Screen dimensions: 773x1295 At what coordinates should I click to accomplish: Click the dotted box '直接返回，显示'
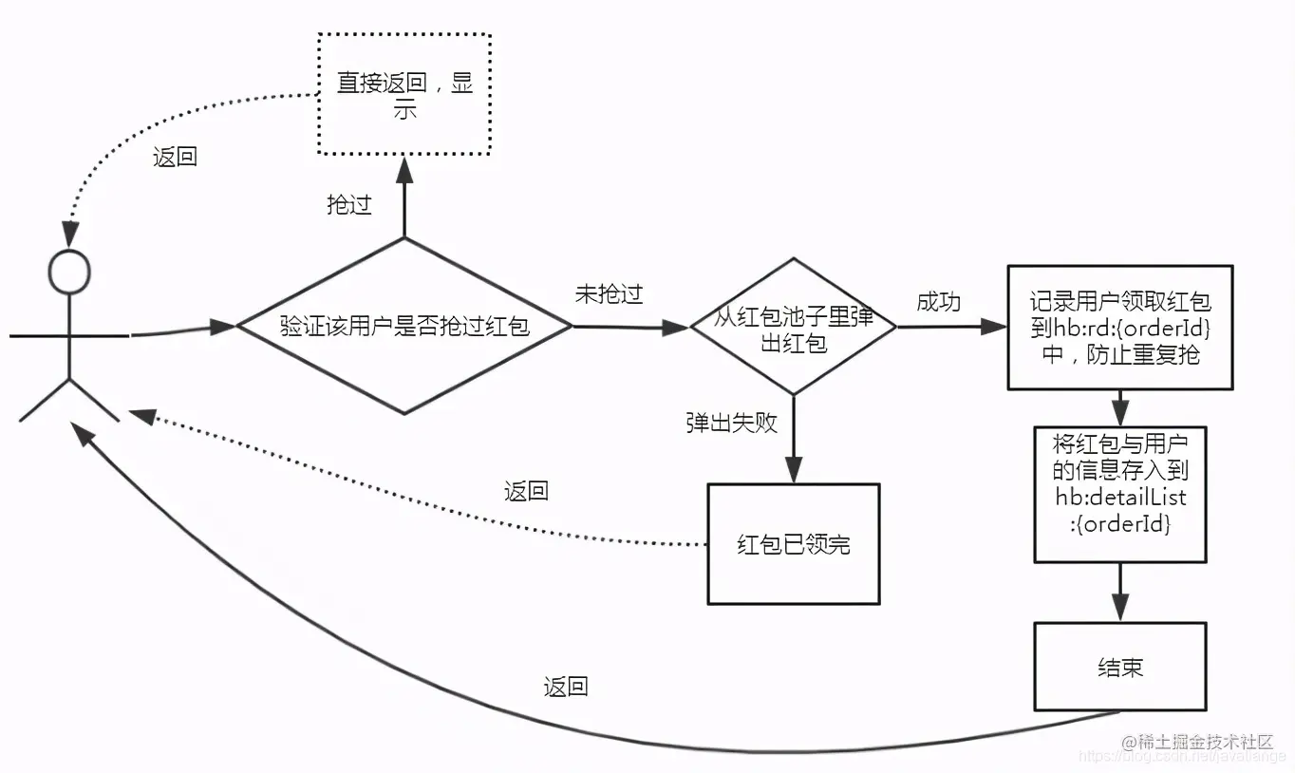click(404, 94)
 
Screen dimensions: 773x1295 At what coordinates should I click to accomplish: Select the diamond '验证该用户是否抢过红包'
click(404, 326)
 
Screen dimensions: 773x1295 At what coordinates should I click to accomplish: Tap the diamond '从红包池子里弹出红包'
click(793, 327)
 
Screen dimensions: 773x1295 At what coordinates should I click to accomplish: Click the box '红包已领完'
click(793, 544)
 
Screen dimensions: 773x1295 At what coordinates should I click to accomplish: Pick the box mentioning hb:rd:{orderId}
click(1119, 328)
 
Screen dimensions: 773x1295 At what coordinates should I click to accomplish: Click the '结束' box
click(1119, 667)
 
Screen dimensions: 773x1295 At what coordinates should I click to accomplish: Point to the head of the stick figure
click(69, 273)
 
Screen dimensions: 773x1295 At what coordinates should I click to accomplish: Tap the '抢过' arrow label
click(349, 204)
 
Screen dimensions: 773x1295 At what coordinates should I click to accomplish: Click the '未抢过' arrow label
click(609, 294)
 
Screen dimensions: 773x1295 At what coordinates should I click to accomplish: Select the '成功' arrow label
click(938, 302)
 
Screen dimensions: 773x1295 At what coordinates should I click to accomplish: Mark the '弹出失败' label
click(731, 423)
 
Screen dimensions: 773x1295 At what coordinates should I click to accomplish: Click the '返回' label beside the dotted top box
click(176, 157)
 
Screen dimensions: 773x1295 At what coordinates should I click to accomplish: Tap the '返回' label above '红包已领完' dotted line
click(526, 491)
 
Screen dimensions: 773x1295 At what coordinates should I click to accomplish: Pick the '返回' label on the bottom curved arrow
click(566, 687)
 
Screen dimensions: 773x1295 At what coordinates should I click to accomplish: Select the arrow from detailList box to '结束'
click(1120, 592)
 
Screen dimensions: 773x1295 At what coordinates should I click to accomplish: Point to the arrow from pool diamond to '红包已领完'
click(793, 439)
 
